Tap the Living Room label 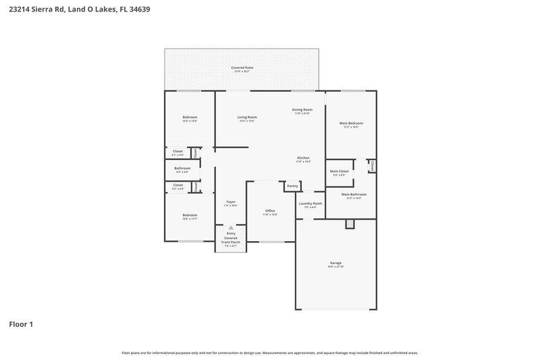tap(247, 117)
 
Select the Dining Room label tap(302, 109)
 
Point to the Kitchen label tap(303, 157)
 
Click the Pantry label tap(292, 186)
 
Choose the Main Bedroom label tap(351, 123)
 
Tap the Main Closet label tap(339, 172)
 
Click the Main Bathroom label tap(354, 195)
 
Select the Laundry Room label tap(310, 203)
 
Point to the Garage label tap(335, 263)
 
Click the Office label tap(270, 211)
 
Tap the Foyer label tap(230, 202)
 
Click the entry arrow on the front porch tap(230, 228)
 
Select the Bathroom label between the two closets tap(182, 168)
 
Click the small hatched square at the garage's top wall tap(350, 224)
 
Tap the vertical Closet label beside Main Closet tap(372, 165)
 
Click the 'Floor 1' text tap(21, 324)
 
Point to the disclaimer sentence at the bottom tap(269, 353)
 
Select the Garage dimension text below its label tap(335, 267)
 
